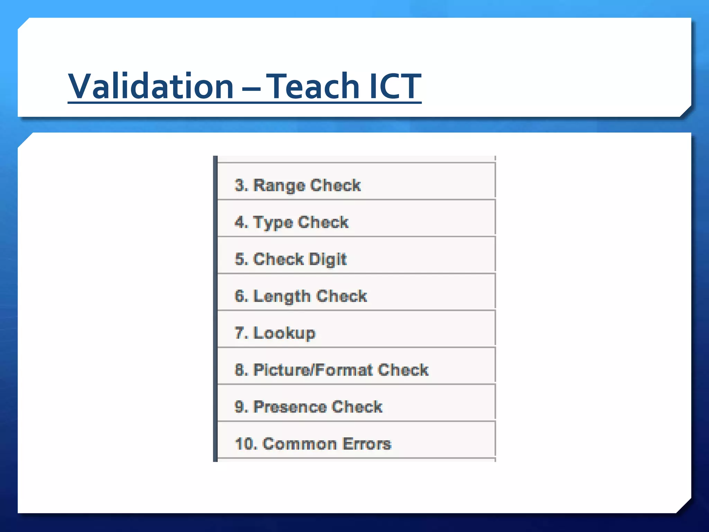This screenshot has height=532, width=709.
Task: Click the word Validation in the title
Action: pos(151,86)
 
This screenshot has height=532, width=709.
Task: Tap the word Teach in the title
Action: pos(314,86)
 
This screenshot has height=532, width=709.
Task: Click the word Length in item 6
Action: pos(282,296)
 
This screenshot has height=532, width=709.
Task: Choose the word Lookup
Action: pos(285,333)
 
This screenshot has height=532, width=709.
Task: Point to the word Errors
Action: pos(367,444)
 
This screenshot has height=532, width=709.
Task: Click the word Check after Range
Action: pos(335,185)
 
